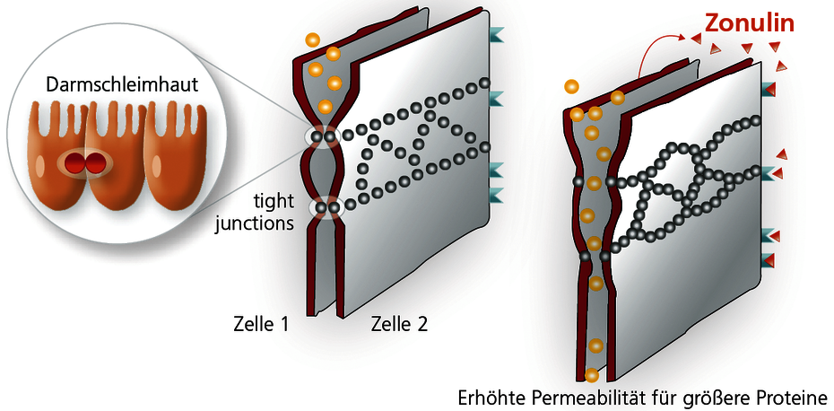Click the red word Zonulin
[x=750, y=24]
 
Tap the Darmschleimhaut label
[x=122, y=85]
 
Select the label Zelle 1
[x=261, y=324]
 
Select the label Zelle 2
[x=399, y=324]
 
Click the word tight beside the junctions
[x=273, y=205]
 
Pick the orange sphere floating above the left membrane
[x=313, y=39]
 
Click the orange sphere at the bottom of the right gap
[x=592, y=375]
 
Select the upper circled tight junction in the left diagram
[x=324, y=136]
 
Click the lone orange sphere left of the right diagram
[x=571, y=86]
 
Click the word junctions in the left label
[x=255, y=223]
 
